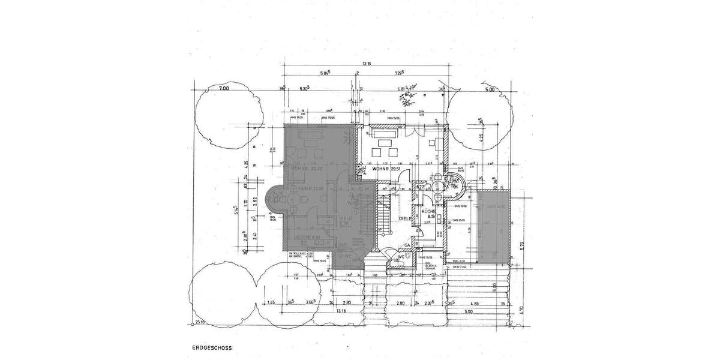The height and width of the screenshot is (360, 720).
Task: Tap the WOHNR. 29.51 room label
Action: pyautogui.click(x=386, y=170)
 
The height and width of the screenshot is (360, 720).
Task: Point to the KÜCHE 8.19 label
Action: pyautogui.click(x=428, y=215)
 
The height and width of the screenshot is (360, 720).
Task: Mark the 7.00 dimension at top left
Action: pyautogui.click(x=224, y=89)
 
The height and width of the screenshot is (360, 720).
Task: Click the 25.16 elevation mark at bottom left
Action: pyautogui.click(x=199, y=322)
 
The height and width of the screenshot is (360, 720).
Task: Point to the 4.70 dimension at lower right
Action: pyautogui.click(x=521, y=310)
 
